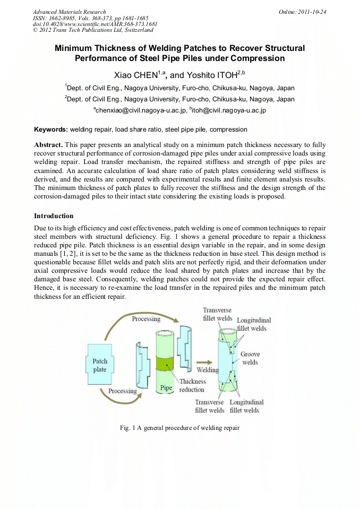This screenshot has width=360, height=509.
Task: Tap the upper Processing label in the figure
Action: [x=146, y=319]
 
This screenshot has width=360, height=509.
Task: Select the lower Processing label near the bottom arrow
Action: [x=123, y=391]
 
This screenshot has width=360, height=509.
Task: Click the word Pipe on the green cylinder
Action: [x=166, y=388]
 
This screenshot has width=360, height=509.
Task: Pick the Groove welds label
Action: [x=250, y=358]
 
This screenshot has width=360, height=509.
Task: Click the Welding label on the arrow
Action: [x=208, y=369]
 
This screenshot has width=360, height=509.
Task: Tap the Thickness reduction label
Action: [x=192, y=385]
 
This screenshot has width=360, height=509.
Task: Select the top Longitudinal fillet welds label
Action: [x=254, y=324]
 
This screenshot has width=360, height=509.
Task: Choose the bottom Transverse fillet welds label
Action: [x=210, y=406]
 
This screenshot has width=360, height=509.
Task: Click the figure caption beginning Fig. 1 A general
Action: [x=180, y=428]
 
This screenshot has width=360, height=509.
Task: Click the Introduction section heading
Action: [x=54, y=216]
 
